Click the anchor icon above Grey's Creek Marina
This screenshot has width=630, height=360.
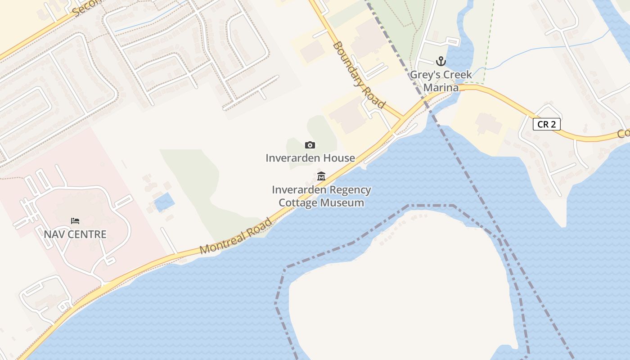[x=441, y=61]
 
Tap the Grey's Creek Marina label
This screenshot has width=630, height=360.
[x=441, y=81]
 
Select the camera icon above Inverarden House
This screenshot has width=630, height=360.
[x=310, y=145]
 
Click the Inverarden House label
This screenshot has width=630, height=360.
[x=310, y=158]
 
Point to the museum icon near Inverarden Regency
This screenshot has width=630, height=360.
[x=321, y=176]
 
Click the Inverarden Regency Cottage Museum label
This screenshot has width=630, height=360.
[x=321, y=196]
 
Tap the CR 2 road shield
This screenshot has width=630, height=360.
[x=546, y=124]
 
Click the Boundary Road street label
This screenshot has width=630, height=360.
[x=359, y=75]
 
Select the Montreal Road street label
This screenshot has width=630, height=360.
[x=236, y=236]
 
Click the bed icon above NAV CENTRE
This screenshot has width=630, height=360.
[x=75, y=221]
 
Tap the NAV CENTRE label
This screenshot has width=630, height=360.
[x=75, y=234]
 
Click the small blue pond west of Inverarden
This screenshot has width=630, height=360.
[x=164, y=202]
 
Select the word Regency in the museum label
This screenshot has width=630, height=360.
[x=349, y=190]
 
